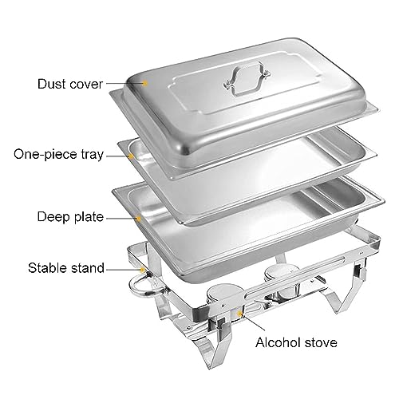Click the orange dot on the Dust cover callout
coord(146,81)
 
